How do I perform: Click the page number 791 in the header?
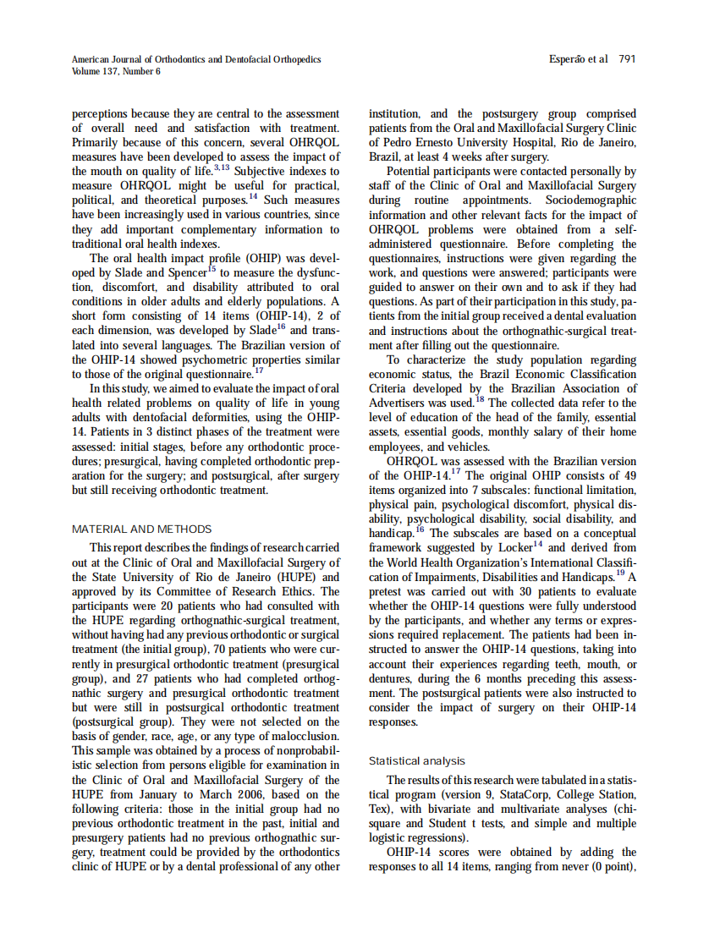pos(627,60)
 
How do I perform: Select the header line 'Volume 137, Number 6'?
pos(116,72)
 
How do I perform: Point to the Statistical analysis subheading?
pos(416,761)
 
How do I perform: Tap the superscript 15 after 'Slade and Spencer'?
pos(212,270)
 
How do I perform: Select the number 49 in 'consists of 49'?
pos(629,476)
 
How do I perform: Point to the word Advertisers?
pos(398,403)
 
